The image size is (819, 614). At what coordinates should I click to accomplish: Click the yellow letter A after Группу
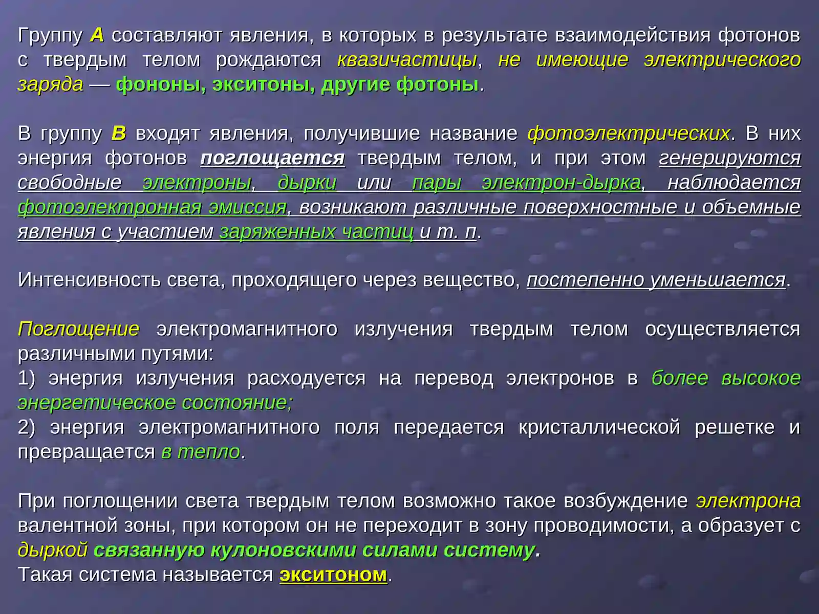tap(97, 35)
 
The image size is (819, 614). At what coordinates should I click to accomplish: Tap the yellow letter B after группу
tap(118, 134)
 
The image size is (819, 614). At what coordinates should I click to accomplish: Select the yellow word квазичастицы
tap(407, 60)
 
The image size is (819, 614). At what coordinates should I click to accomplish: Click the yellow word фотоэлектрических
tap(629, 134)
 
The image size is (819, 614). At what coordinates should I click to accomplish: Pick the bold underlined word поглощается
tap(272, 158)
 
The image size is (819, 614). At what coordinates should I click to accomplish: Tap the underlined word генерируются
tap(730, 158)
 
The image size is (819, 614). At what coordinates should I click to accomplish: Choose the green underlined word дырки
tap(307, 183)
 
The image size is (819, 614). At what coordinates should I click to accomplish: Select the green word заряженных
tap(276, 232)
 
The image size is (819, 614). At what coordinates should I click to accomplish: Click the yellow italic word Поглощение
tap(78, 329)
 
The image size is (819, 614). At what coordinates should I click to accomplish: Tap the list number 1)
tap(27, 378)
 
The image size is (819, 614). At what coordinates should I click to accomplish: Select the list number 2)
tap(27, 427)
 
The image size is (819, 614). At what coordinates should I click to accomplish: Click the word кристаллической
tap(599, 427)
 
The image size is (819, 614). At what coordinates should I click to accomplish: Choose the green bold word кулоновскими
tap(283, 550)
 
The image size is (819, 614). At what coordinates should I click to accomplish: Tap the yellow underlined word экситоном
tap(333, 575)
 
